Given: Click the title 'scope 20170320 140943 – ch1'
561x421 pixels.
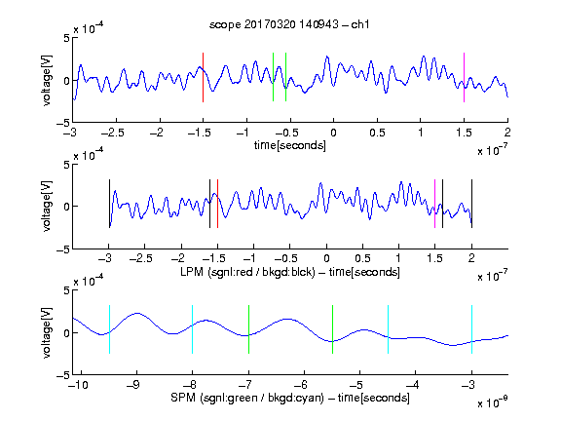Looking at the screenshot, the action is pyautogui.click(x=289, y=24).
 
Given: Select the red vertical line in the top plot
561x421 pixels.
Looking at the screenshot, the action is pyautogui.click(x=203, y=77).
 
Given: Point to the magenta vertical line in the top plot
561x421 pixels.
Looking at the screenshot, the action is pyautogui.click(x=464, y=77).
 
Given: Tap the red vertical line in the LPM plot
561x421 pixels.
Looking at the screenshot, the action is pyautogui.click(x=217, y=204).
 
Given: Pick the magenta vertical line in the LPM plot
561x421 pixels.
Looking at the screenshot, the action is pyautogui.click(x=434, y=204).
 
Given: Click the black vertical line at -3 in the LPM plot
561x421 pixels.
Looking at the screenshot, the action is pyautogui.click(x=109, y=204).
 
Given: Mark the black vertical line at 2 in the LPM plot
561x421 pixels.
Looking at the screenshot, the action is pyautogui.click(x=471, y=204).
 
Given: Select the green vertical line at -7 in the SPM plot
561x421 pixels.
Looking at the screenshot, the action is pyautogui.click(x=248, y=329).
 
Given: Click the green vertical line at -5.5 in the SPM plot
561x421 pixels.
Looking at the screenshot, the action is pyautogui.click(x=332, y=329).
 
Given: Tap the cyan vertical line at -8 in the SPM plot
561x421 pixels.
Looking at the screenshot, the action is pyautogui.click(x=193, y=329).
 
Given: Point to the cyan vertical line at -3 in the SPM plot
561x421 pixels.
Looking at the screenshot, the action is pyautogui.click(x=471, y=329).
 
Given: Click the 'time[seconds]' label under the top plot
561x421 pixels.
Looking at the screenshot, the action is pyautogui.click(x=290, y=145).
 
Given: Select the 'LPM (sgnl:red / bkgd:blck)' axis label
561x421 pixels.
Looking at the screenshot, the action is pyautogui.click(x=247, y=272).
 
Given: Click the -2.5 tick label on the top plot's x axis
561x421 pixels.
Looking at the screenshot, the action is pyautogui.click(x=112, y=133).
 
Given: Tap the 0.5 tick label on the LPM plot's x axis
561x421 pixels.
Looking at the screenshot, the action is pyautogui.click(x=362, y=258).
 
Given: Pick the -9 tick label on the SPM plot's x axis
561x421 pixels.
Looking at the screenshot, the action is pyautogui.click(x=133, y=385).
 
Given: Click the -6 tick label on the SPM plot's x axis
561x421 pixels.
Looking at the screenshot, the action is pyautogui.click(x=301, y=385).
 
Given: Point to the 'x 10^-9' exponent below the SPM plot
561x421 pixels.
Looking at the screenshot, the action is pyautogui.click(x=493, y=402).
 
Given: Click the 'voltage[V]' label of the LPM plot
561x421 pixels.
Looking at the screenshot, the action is pyautogui.click(x=47, y=207).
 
